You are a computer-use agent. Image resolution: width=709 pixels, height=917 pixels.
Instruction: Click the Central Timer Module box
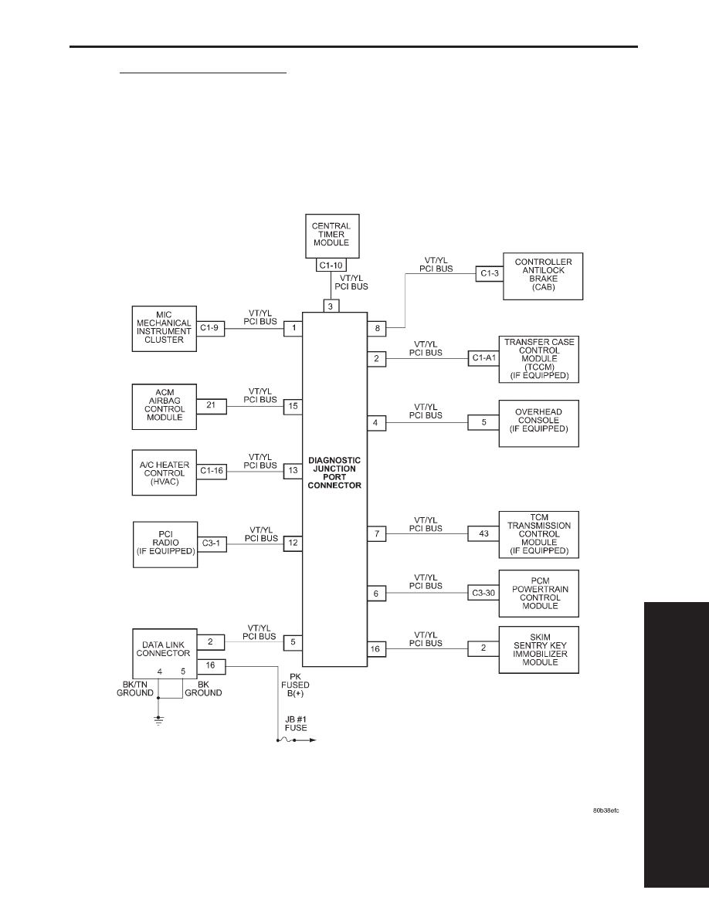(332, 235)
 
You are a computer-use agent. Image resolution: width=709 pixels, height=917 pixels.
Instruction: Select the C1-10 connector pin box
(331, 266)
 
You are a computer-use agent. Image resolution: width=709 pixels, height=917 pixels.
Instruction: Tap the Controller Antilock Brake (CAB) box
(543, 276)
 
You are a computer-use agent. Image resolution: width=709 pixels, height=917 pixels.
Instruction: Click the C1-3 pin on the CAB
(490, 273)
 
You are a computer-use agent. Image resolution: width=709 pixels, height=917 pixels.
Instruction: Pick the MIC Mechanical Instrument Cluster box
(164, 328)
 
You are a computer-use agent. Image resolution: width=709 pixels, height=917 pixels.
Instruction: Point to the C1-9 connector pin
(209, 328)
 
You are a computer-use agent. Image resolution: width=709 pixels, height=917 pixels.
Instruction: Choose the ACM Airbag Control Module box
(164, 407)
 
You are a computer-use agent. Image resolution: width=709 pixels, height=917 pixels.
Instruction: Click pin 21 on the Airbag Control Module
(211, 405)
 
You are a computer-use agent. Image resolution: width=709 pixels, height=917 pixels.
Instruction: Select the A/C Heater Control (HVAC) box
(164, 472)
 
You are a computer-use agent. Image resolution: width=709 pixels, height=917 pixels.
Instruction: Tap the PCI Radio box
(165, 544)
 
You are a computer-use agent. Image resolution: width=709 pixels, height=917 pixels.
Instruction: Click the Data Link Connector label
(163, 649)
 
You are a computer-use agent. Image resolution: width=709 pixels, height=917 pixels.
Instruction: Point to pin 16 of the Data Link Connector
(211, 665)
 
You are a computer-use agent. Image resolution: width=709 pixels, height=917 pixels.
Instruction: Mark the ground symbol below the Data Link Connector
(158, 720)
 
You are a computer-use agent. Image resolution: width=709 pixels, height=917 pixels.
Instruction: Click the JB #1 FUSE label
(295, 723)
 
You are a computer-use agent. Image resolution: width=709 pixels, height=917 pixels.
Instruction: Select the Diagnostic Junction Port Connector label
(334, 472)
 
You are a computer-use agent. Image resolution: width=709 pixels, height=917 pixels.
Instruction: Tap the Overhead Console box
(539, 424)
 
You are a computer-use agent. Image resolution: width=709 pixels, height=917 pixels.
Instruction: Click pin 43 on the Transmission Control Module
(483, 533)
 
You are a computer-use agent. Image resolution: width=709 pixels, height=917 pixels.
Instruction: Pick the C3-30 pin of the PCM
(483, 593)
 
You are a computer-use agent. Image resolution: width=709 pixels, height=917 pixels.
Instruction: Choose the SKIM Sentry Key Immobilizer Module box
(539, 650)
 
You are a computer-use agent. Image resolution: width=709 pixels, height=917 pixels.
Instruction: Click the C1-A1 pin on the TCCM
(483, 358)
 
